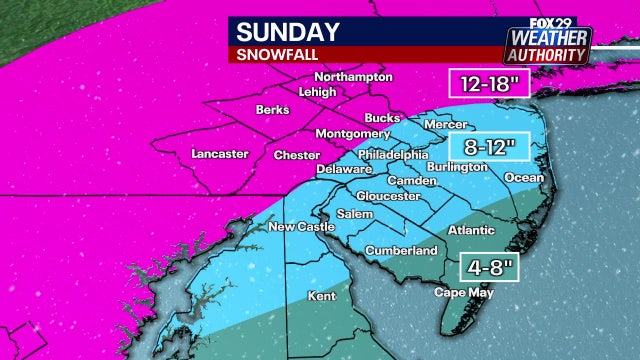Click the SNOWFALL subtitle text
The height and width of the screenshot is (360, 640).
click(x=272, y=55)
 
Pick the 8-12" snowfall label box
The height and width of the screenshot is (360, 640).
click(x=488, y=148)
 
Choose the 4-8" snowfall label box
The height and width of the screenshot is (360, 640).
click(x=488, y=267)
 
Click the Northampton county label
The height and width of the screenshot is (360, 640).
click(x=350, y=77)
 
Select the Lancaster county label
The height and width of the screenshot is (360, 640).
click(x=219, y=154)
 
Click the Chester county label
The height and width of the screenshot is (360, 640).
click(x=297, y=156)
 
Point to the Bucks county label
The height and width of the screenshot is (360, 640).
click(x=382, y=117)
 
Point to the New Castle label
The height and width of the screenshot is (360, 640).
click(x=301, y=228)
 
